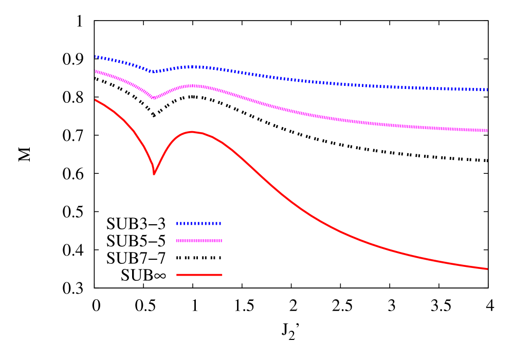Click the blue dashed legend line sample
198,223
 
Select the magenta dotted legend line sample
199,241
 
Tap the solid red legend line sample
199,275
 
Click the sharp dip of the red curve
154,174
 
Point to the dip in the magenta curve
153,98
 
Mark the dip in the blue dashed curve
153,71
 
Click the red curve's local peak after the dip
192,132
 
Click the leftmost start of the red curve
96,100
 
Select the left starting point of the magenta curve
96,71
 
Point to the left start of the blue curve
96,57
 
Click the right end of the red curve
487,268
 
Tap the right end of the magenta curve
487,131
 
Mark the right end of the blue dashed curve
487,90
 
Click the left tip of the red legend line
177,275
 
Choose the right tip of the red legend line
222,275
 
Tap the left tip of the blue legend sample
177,223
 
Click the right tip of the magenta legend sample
221,241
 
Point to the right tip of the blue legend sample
220,223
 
